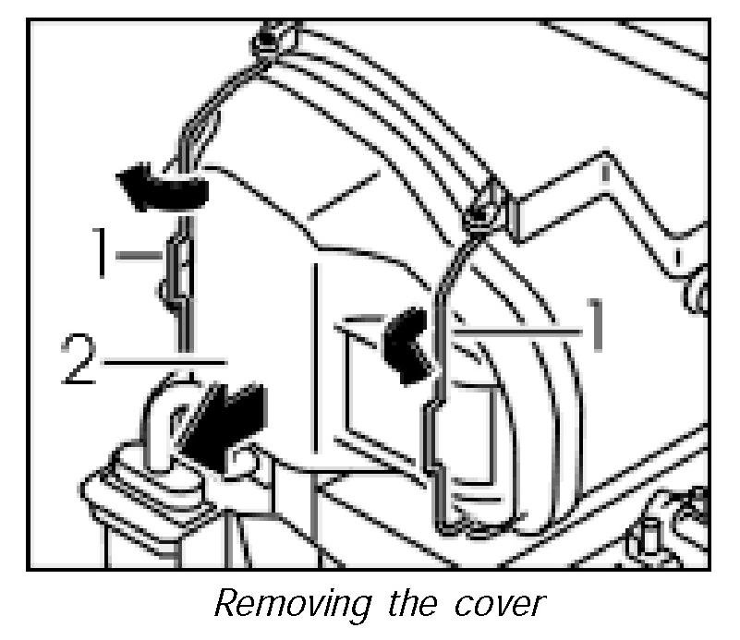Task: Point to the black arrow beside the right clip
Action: [406, 344]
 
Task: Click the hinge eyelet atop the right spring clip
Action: [482, 211]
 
